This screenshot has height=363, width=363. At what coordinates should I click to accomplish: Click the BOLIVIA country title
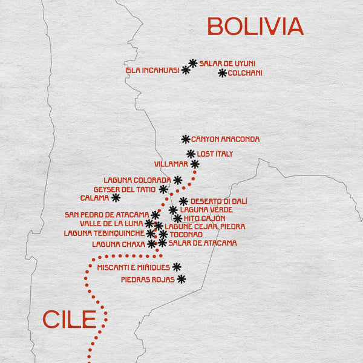click(x=255, y=27)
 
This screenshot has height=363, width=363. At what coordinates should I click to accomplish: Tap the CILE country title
click(x=69, y=319)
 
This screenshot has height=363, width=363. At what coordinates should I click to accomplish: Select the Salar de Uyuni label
click(x=227, y=63)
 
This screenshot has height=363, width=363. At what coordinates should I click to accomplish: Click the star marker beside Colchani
click(x=222, y=73)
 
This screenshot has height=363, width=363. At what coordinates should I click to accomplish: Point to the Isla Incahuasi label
click(x=152, y=70)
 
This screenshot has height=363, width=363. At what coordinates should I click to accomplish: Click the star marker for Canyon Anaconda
click(x=186, y=139)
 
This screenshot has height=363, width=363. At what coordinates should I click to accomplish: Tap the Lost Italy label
click(x=215, y=154)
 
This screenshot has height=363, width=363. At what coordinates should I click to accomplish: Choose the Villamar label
click(x=171, y=164)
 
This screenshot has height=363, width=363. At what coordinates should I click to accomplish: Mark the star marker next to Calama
click(x=116, y=197)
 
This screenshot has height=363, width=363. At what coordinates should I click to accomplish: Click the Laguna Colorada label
click(x=137, y=180)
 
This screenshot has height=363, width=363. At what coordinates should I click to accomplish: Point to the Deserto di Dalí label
click(x=219, y=201)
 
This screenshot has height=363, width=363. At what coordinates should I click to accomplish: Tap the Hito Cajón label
click(x=204, y=218)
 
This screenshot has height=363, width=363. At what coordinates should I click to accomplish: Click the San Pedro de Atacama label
click(x=106, y=215)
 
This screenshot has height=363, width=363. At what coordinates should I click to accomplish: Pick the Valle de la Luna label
click(x=112, y=224)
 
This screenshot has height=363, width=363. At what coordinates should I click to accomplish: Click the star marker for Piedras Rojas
click(x=180, y=279)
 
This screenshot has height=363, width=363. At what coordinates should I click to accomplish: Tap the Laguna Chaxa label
click(x=118, y=244)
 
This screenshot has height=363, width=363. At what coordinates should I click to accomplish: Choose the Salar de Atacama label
click(x=203, y=243)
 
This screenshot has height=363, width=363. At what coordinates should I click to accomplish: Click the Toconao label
click(x=186, y=234)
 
